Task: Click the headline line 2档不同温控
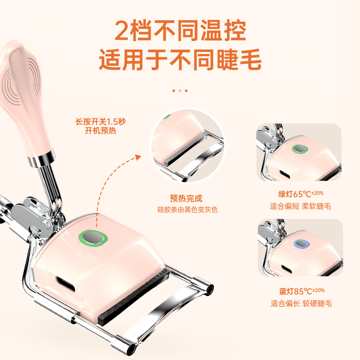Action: pos(180,31)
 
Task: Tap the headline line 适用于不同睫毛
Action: pos(180,59)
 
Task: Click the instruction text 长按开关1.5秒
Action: pos(101,121)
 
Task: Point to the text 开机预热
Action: pos(100,130)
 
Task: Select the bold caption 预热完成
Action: pos(186,198)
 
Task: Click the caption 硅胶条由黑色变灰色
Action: pos(187,209)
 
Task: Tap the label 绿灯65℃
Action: pos(301,194)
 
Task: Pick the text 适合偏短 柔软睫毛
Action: pos(300,206)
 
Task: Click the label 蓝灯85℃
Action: pos(301,291)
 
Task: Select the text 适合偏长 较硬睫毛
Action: pos(301,303)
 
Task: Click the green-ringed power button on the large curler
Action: pos(93,238)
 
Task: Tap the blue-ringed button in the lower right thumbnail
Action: pos(301,244)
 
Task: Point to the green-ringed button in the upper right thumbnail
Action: pos(300,149)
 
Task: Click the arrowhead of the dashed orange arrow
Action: pos(138,157)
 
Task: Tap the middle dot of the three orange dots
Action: pos(180,91)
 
